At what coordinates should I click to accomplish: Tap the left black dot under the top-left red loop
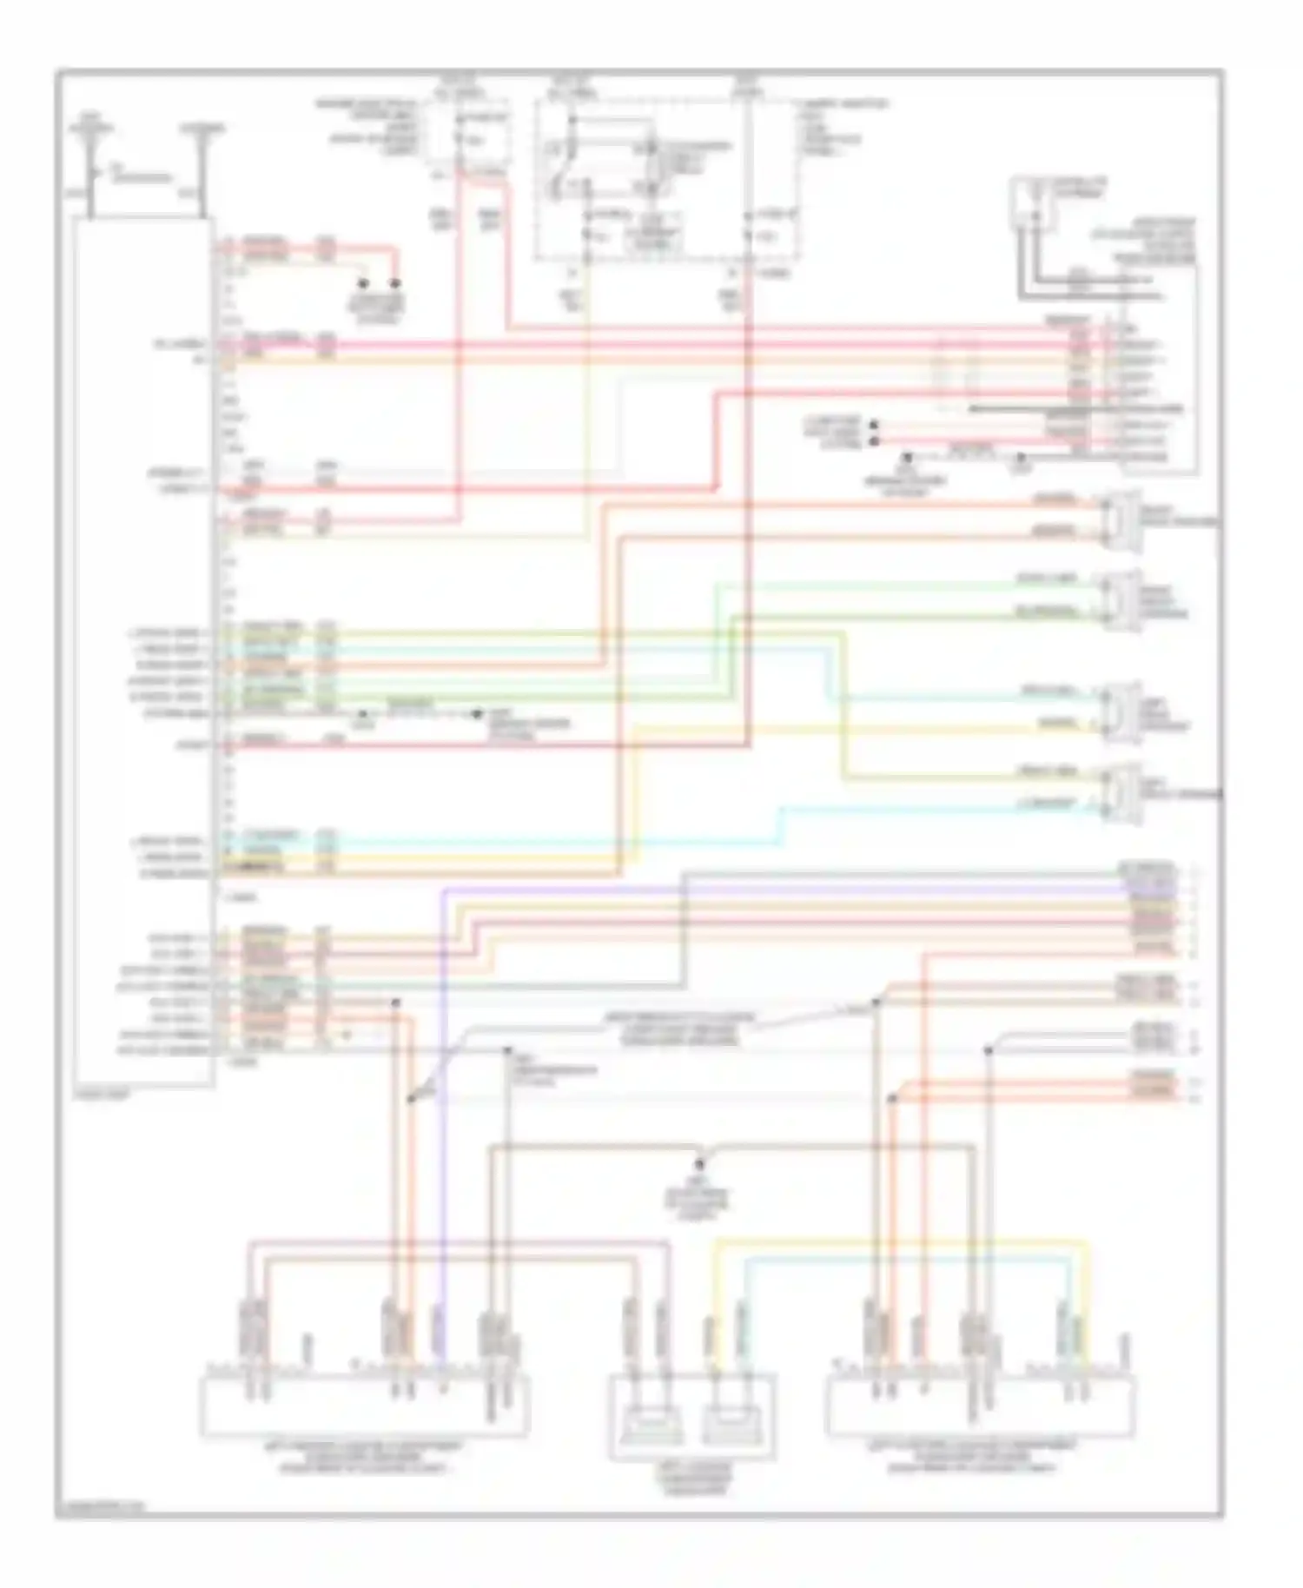pyautogui.click(x=364, y=284)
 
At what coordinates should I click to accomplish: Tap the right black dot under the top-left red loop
pyautogui.click(x=395, y=284)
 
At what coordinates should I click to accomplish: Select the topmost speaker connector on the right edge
pyautogui.click(x=1121, y=519)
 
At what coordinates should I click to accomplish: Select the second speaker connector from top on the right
pyautogui.click(x=1121, y=598)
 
